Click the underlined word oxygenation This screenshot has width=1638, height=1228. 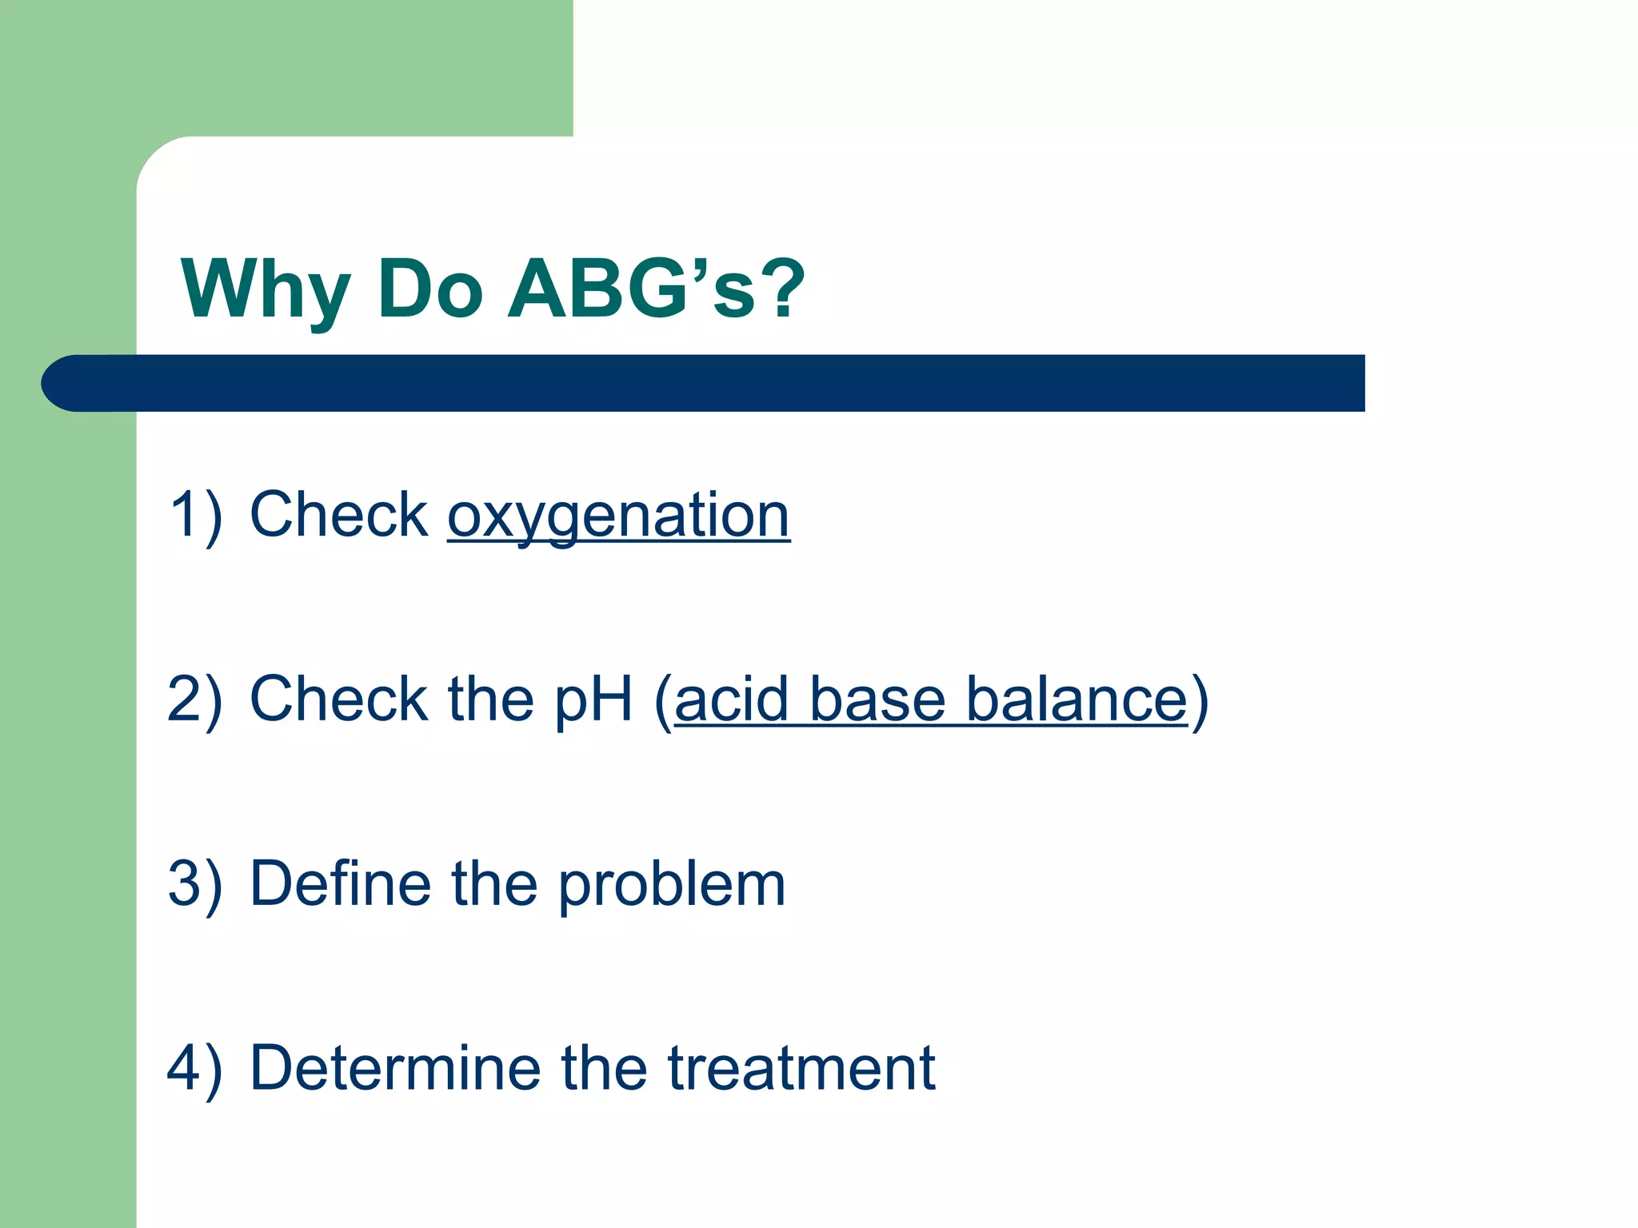pos(618,516)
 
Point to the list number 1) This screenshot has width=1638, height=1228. pos(195,516)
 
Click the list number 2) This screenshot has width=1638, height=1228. pos(195,700)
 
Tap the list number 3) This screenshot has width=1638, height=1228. pos(195,884)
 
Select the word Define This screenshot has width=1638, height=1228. pos(340,884)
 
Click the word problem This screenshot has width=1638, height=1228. pos(672,886)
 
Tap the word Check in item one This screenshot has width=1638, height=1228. pos(339,516)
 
